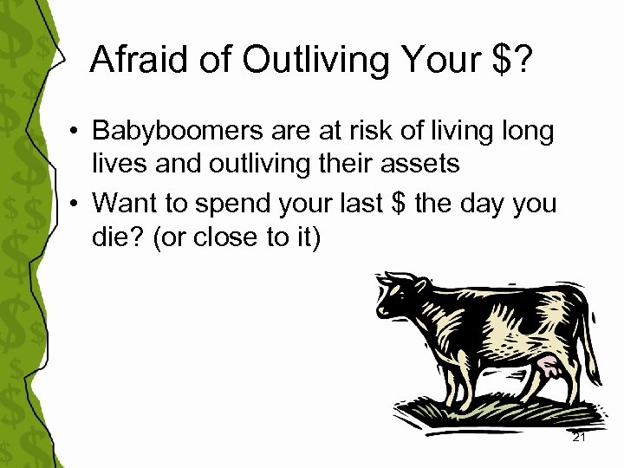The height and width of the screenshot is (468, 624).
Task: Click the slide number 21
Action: [x=579, y=438]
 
